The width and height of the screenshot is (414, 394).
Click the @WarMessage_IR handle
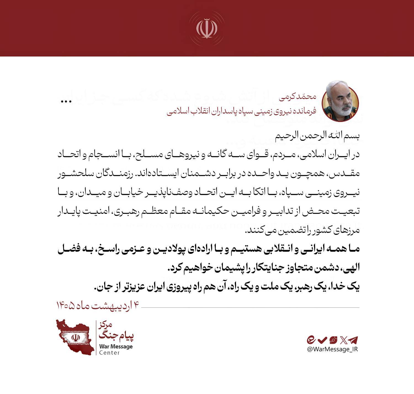332,349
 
